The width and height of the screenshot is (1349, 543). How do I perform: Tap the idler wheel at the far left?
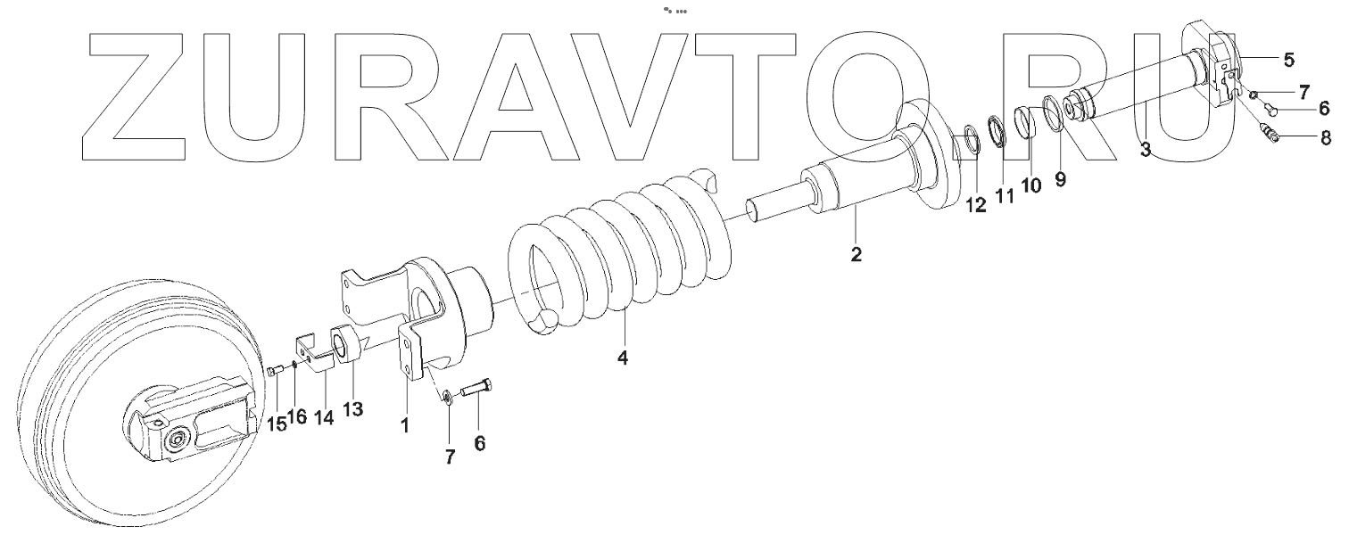134,419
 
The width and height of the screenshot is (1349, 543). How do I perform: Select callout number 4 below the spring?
623,358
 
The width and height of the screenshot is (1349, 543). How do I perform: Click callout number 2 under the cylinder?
856,254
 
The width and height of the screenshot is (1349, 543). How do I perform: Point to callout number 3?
1146,151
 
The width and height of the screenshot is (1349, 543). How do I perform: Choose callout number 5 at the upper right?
1289,60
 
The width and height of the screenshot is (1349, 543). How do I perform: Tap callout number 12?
975,204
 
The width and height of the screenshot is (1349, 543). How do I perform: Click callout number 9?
1060,179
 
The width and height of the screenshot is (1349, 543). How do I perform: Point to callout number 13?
353,408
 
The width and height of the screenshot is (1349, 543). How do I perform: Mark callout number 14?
324,416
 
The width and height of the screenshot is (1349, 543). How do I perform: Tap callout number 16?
298,416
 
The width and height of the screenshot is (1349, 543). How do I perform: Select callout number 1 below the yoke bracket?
404,426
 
